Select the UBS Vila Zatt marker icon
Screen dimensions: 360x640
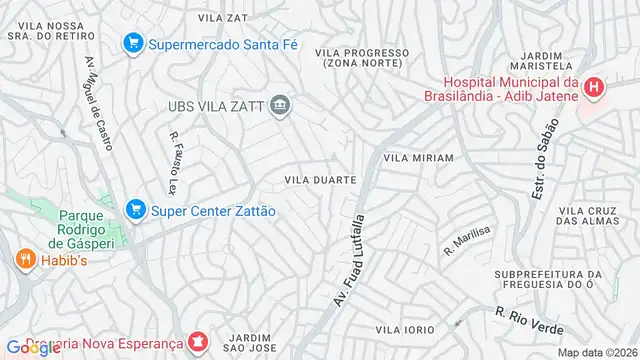point(281,104)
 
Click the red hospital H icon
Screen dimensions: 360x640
point(595,88)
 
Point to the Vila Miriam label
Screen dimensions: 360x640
point(418,158)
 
